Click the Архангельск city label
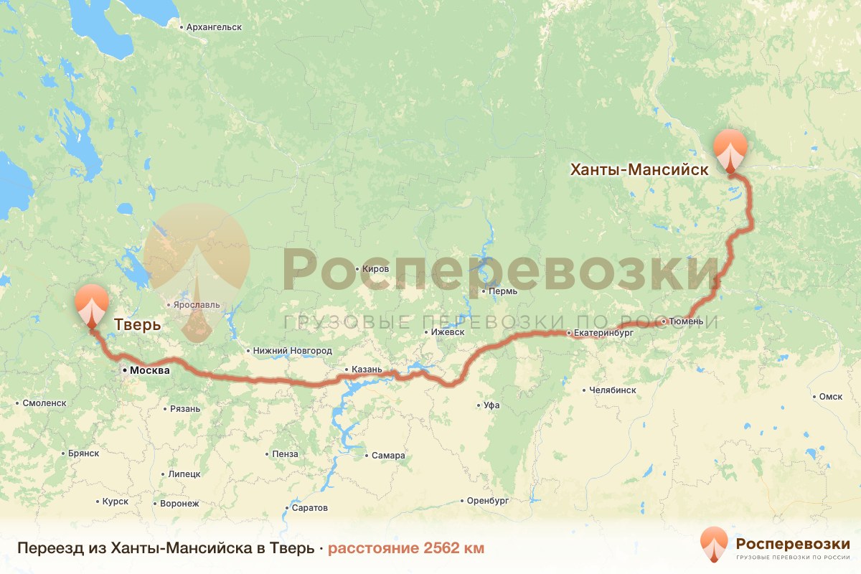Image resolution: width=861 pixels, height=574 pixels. point(213,27)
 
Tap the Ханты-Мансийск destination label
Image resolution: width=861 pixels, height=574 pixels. point(639,170)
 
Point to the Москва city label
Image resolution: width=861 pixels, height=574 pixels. point(149,371)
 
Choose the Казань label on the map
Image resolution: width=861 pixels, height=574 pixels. point(372,370)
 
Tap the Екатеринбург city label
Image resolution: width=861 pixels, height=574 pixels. point(604,333)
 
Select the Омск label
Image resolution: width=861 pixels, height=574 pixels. point(830,397)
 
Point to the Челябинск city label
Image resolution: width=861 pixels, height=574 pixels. point(612,390)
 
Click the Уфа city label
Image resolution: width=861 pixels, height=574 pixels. point(491,405)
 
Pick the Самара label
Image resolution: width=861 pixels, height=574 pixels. point(387,456)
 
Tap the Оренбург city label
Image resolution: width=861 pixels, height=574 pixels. point(487,500)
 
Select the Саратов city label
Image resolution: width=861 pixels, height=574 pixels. point(310,508)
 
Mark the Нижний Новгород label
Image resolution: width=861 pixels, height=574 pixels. point(293,351)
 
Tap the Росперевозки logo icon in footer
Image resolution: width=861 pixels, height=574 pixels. point(715,544)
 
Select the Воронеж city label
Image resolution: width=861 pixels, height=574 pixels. point(179,504)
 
